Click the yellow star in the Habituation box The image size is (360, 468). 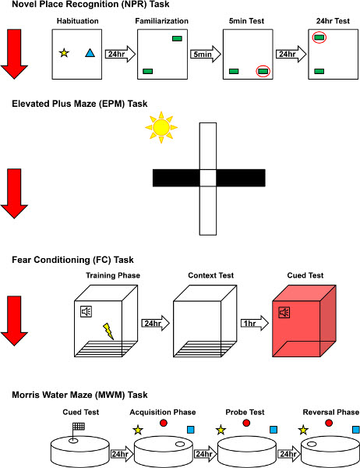coord(64,53)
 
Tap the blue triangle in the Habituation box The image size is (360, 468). coord(90,53)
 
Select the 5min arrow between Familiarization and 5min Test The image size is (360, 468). coord(206,54)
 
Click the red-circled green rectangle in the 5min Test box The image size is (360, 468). coord(263,71)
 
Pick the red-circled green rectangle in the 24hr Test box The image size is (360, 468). coord(319,37)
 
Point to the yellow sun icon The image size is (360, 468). coord(161,127)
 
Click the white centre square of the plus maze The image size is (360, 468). coord(208,178)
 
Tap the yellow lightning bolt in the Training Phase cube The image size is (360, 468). coord(108,331)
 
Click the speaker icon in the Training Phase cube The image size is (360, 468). coord(86,311)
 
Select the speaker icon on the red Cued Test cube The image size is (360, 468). coord(284,313)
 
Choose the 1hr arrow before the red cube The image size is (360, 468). coord(255,323)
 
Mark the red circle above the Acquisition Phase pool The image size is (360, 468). coord(164,423)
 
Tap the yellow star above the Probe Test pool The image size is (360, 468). coord(221,430)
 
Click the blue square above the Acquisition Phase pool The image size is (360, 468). coord(191,430)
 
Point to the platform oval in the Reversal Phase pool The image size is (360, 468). coord(312,444)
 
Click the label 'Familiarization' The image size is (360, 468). coord(161,21)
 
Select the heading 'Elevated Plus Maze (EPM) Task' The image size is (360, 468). coord(79,104)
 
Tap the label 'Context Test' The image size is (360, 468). coord(211,275)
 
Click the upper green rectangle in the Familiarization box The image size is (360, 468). coord(177,38)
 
